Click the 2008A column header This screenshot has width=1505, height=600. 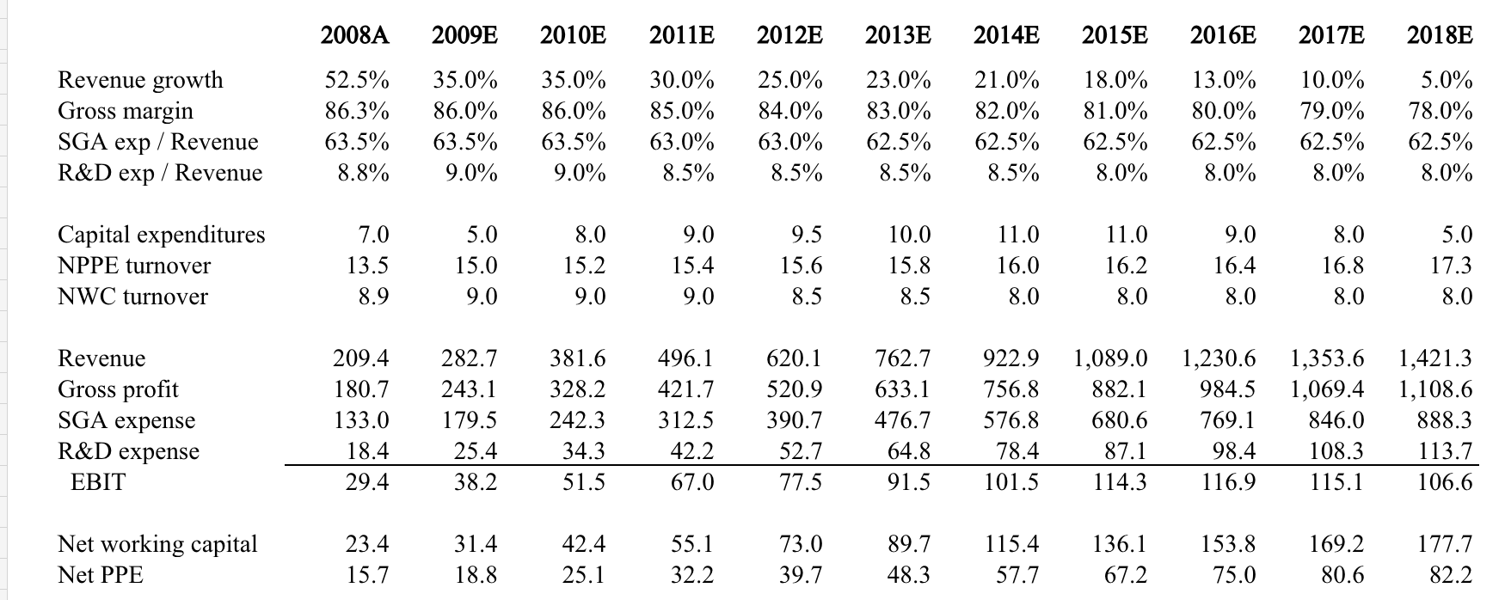(x=354, y=35)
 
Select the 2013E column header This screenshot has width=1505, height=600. (x=898, y=35)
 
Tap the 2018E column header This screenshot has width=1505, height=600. (x=1440, y=35)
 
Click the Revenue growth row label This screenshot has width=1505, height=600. (x=140, y=80)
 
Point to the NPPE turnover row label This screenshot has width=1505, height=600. (x=134, y=266)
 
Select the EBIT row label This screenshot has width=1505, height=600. (x=98, y=482)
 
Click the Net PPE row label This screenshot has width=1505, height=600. (x=101, y=575)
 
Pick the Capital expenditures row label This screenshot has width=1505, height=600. (x=162, y=235)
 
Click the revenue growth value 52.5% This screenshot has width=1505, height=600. (x=357, y=81)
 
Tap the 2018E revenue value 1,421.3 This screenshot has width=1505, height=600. (x=1435, y=358)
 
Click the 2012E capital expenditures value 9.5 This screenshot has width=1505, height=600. (x=807, y=235)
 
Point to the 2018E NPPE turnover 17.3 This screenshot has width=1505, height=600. (x=1451, y=266)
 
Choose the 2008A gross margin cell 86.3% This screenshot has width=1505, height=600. (x=357, y=112)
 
